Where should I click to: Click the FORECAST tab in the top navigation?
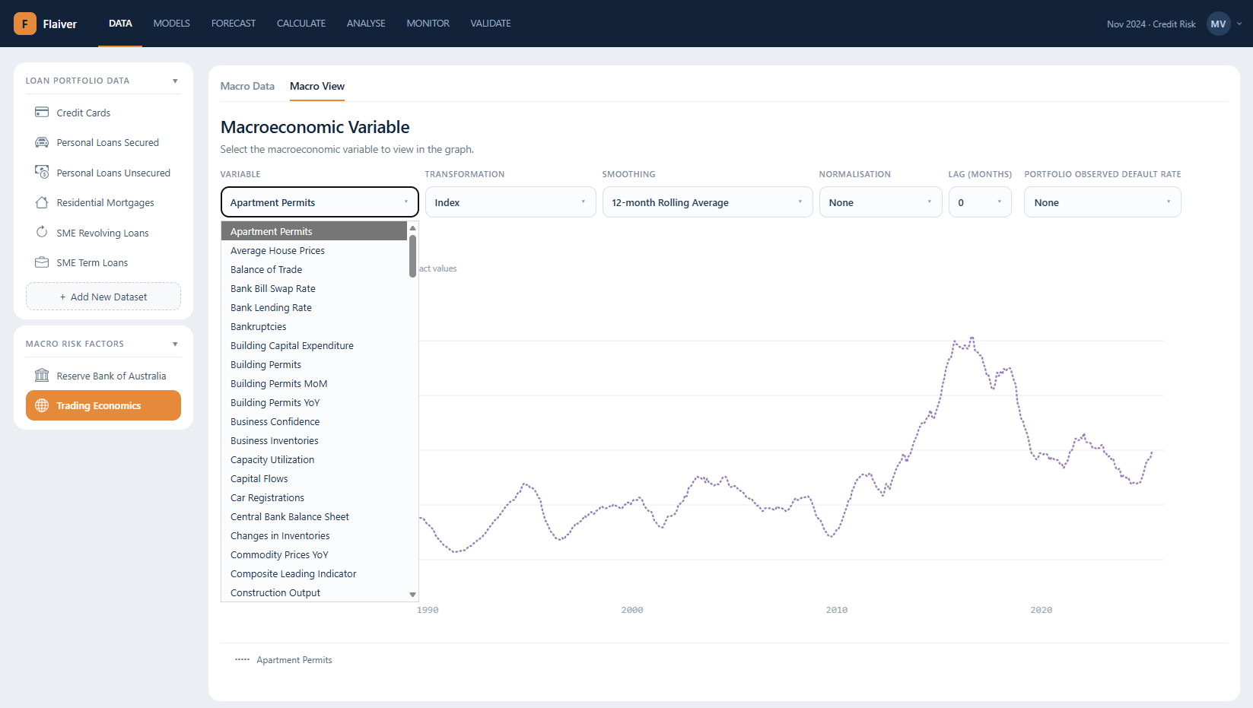pyautogui.click(x=234, y=24)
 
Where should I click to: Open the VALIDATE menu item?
pyautogui.click(x=490, y=24)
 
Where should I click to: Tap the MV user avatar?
pyautogui.click(x=1218, y=24)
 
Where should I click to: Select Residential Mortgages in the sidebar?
pyautogui.click(x=104, y=202)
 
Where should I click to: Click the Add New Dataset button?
pyautogui.click(x=103, y=297)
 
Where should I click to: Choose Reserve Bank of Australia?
pyautogui.click(x=111, y=376)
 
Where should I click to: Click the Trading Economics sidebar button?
pyautogui.click(x=103, y=405)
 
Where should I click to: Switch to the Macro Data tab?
pyautogui.click(x=247, y=86)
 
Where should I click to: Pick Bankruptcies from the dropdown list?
pyautogui.click(x=258, y=326)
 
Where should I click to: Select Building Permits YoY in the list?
pyautogui.click(x=275, y=402)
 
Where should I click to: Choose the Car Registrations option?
pyautogui.click(x=267, y=497)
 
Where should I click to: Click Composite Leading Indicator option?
pyautogui.click(x=293, y=574)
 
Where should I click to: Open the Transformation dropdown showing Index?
pyautogui.click(x=510, y=202)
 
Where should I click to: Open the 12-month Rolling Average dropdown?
pyautogui.click(x=707, y=202)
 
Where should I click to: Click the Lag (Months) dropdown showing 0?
pyautogui.click(x=979, y=202)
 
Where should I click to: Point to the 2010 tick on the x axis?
pyautogui.click(x=836, y=610)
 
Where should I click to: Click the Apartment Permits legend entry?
pyautogui.click(x=283, y=660)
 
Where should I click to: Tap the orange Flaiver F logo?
pyautogui.click(x=24, y=24)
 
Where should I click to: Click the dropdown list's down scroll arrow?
pyautogui.click(x=412, y=595)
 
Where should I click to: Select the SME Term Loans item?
pyautogui.click(x=92, y=262)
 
